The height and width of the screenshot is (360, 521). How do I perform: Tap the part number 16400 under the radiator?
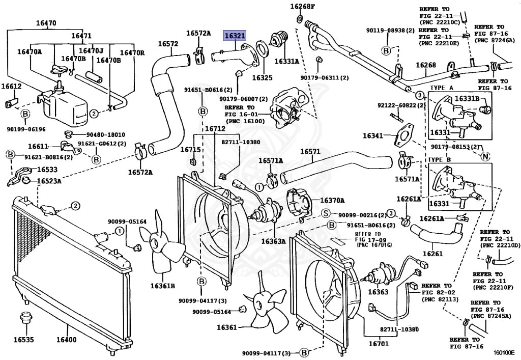(x=66, y=340)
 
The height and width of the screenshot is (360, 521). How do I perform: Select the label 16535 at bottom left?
(x=23, y=340)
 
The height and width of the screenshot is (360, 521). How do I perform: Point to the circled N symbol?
(x=485, y=156)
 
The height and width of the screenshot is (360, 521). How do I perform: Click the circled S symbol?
(x=326, y=213)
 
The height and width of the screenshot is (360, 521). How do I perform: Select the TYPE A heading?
(x=442, y=88)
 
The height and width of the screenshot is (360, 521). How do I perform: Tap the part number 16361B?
(x=162, y=286)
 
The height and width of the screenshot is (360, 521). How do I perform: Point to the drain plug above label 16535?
(x=24, y=318)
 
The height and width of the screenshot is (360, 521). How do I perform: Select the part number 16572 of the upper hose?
(x=168, y=44)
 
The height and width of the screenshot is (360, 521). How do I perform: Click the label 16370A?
(x=332, y=201)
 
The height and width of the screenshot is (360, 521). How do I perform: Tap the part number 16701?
(x=379, y=343)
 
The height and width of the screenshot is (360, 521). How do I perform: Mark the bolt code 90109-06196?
(x=26, y=129)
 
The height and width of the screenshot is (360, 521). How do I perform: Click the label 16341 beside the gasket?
(x=373, y=135)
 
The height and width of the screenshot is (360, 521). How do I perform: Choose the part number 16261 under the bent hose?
(x=432, y=254)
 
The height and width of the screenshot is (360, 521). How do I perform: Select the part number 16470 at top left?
(x=46, y=23)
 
